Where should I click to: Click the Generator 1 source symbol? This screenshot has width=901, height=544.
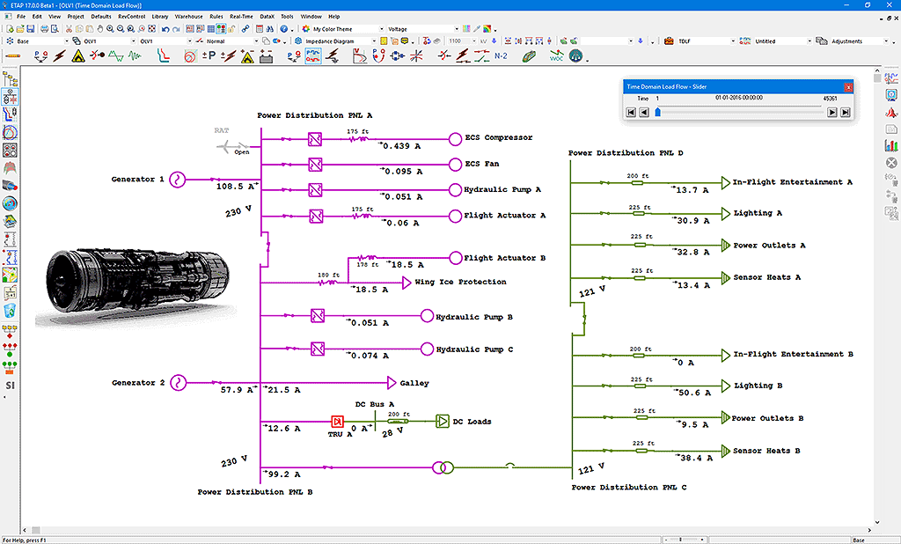tap(177, 180)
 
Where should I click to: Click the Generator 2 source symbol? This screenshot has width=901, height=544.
tap(177, 383)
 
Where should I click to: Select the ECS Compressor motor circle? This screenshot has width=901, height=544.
tap(455, 138)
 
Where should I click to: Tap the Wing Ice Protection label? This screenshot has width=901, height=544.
tap(460, 283)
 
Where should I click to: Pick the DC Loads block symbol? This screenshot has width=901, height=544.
tap(442, 422)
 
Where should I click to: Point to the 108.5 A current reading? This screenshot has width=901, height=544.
tap(236, 187)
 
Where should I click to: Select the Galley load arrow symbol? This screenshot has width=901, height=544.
tap(392, 383)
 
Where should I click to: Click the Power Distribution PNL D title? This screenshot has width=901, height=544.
tap(626, 153)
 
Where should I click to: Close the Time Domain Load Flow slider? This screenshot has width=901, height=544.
tap(848, 87)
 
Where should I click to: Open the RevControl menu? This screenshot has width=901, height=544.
tap(132, 16)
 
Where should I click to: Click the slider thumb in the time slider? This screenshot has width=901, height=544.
tap(657, 113)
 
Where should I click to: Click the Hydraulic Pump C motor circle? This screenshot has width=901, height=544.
tap(427, 349)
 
